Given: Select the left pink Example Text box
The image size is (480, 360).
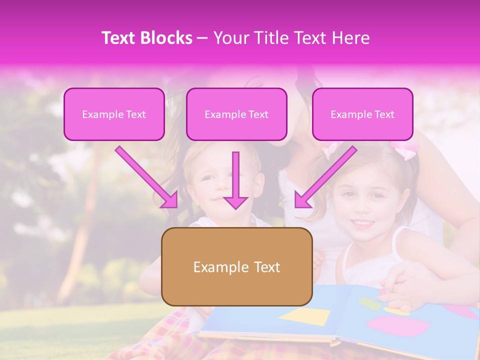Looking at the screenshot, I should coord(114,114).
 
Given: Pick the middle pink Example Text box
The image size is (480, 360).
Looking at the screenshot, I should coord(236,114).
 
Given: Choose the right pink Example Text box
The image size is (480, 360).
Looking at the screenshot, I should coord(362,114).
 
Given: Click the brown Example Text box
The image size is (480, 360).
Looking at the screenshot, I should coord(236,266).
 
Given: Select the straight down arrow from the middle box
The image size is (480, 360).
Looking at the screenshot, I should coord(235,180).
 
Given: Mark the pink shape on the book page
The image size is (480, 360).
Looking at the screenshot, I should coord(398,326).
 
